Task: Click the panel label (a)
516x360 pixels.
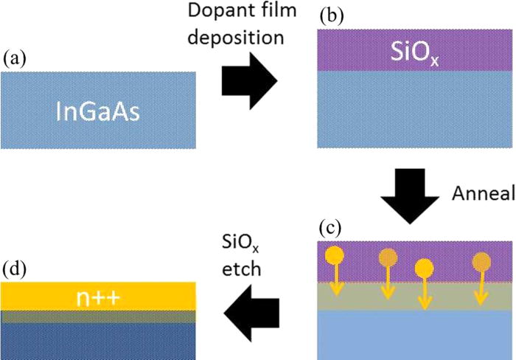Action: pyautogui.click(x=15, y=58)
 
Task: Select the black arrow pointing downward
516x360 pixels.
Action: pyautogui.click(x=414, y=194)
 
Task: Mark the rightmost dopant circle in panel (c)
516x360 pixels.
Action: pyautogui.click(x=481, y=262)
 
